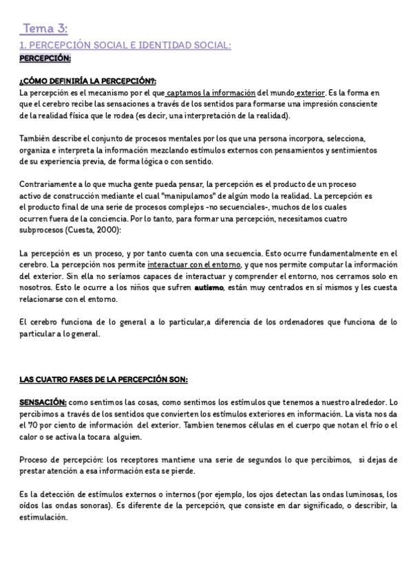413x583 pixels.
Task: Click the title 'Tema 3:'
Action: [45, 28]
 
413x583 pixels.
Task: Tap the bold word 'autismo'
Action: [209, 287]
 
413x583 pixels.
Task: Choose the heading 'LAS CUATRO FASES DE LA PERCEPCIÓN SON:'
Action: [103, 379]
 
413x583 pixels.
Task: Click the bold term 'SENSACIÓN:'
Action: [43, 401]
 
